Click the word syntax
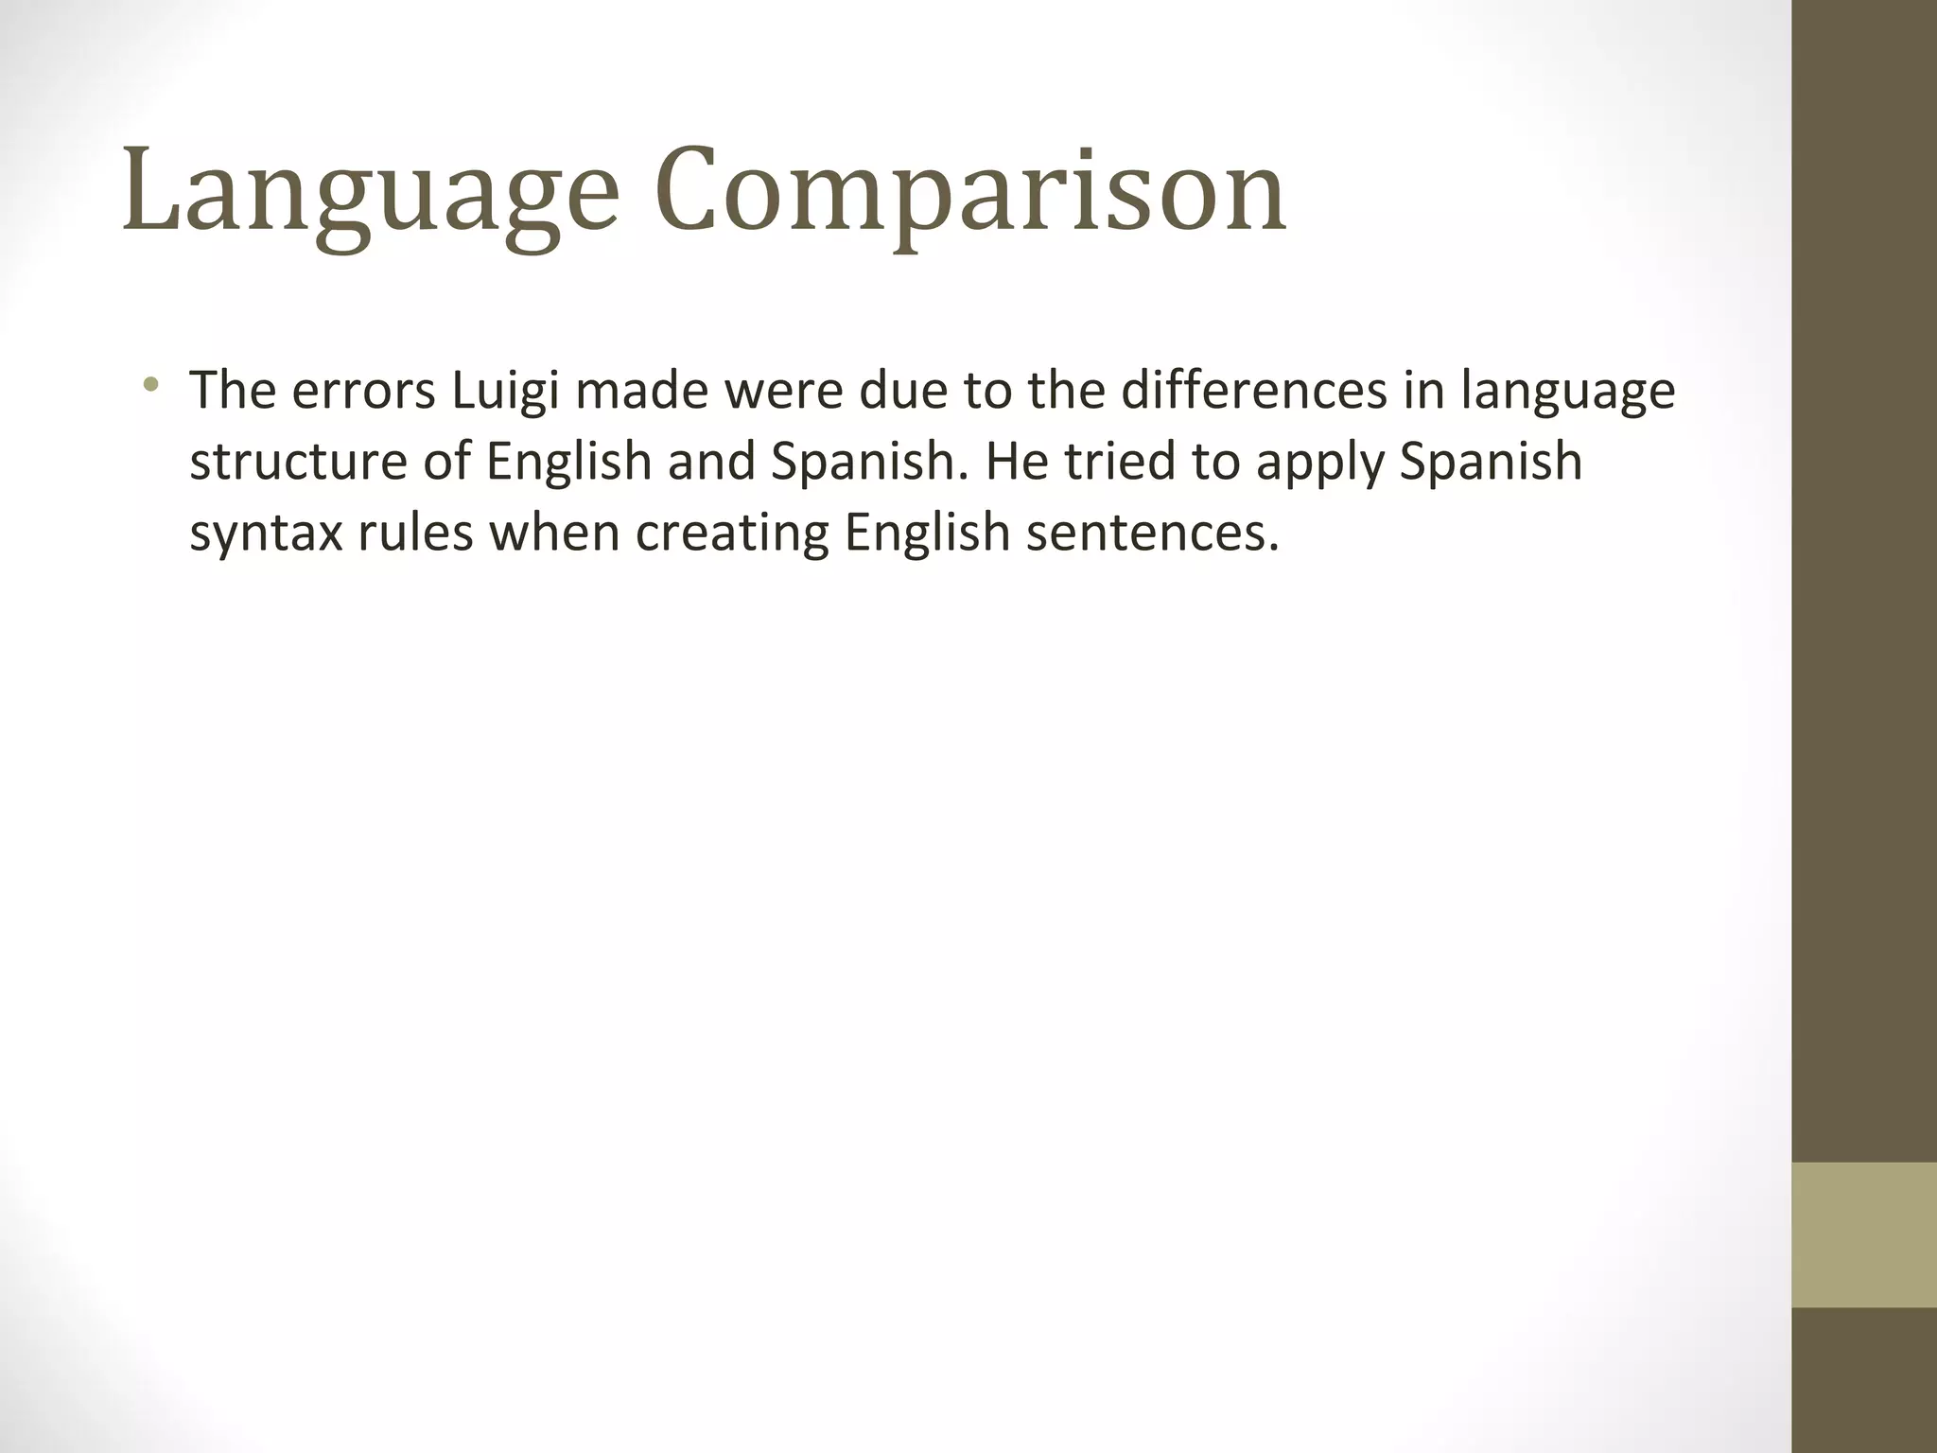266,534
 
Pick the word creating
732,534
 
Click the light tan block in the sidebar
1864,1234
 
